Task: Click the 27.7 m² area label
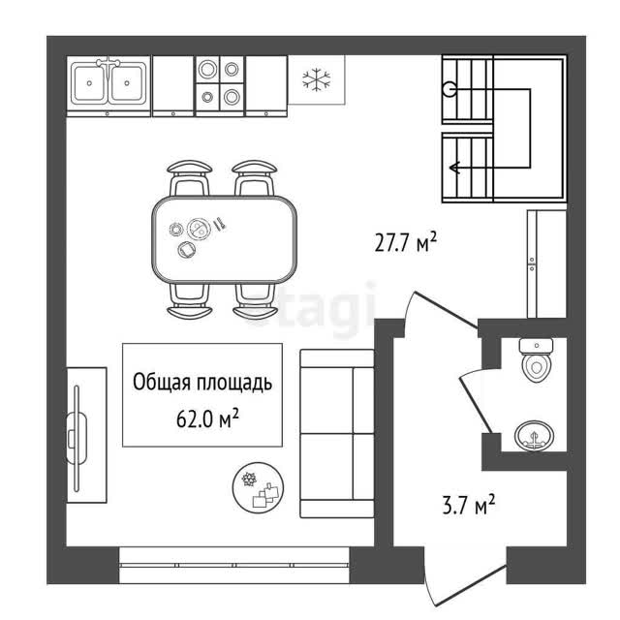tap(405, 242)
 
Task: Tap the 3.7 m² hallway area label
tap(469, 505)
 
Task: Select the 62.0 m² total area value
tap(207, 418)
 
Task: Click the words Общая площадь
tap(202, 383)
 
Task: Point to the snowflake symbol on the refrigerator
tap(317, 79)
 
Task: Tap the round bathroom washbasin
tap(534, 436)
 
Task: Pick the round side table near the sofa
tap(259, 487)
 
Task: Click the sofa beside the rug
tap(337, 433)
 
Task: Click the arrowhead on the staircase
tap(454, 168)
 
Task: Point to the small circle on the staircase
tap(449, 89)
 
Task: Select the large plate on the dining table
tap(199, 229)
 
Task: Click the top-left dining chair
tap(190, 178)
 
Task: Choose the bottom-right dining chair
tap(255, 301)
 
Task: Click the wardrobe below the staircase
tap(546, 263)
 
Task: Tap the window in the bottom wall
tap(234, 565)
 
